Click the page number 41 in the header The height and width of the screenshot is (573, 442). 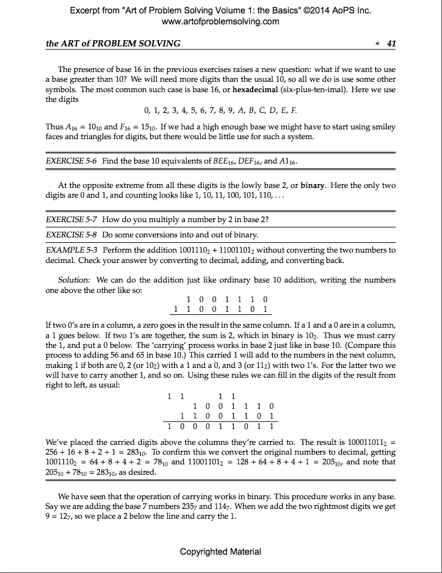391,43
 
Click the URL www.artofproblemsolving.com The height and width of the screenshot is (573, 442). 220,21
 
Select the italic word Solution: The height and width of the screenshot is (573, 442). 74,280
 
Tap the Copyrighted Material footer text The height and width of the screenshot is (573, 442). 220,552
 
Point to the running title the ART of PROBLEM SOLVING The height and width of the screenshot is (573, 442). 113,43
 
